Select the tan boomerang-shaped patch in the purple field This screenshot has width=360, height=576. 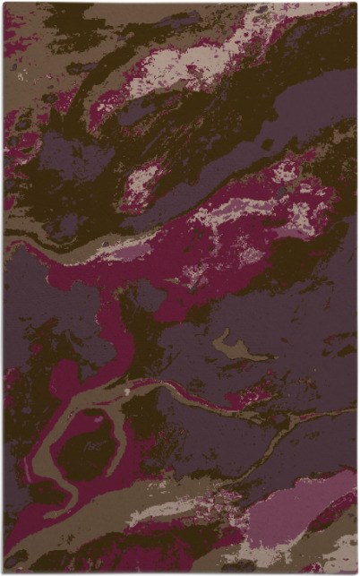pos(235,349)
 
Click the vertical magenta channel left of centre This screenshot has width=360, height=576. pos(116,331)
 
